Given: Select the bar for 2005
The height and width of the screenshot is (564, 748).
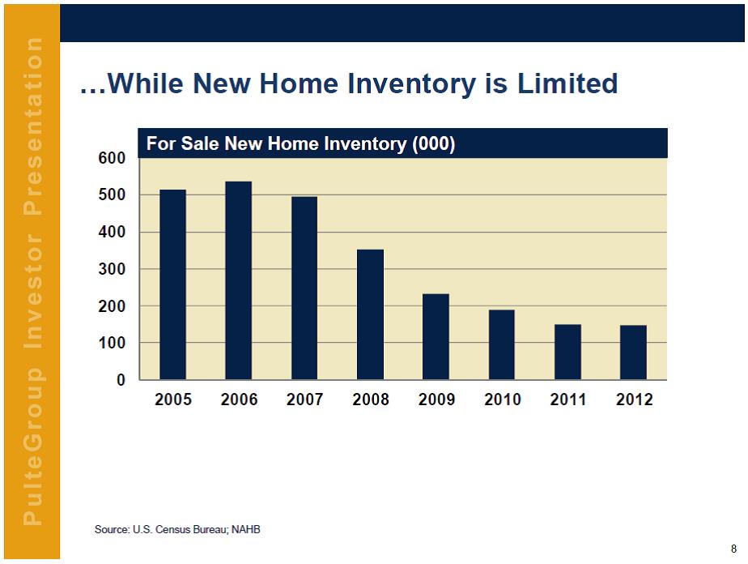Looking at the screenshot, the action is (x=172, y=284).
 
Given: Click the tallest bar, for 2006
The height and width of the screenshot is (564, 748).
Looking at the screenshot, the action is (x=239, y=280).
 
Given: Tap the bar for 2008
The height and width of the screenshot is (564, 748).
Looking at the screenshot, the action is (x=370, y=314).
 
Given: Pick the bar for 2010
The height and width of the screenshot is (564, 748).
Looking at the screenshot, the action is (x=502, y=344).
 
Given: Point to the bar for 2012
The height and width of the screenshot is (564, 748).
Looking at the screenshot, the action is (x=634, y=352).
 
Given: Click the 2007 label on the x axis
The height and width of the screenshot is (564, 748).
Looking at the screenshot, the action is (x=305, y=399).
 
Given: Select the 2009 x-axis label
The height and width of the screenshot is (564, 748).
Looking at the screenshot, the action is (x=436, y=399).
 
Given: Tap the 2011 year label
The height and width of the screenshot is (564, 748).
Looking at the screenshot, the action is (x=568, y=399).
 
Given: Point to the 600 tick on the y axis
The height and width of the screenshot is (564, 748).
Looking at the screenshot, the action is (x=112, y=158).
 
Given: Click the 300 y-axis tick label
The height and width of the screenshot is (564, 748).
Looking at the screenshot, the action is (x=112, y=269).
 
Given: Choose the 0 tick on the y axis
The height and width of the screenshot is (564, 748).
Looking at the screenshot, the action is (x=121, y=380).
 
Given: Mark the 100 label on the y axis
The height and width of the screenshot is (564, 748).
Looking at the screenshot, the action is (x=112, y=343).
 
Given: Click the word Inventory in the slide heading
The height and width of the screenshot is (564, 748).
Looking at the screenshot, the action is (x=412, y=84).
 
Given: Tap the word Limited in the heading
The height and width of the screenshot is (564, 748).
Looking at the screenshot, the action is (x=567, y=83).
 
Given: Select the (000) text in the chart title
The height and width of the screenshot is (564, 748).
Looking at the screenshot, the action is (x=434, y=143).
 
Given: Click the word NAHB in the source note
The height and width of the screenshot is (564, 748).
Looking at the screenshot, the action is (x=245, y=530).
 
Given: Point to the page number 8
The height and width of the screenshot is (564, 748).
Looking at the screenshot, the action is (x=733, y=549).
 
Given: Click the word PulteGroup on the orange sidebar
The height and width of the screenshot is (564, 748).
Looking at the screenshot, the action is (x=32, y=446).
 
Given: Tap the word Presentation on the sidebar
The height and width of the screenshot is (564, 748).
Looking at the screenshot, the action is (x=32, y=126).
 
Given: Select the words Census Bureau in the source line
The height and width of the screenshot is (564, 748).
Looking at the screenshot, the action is (x=192, y=530).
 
